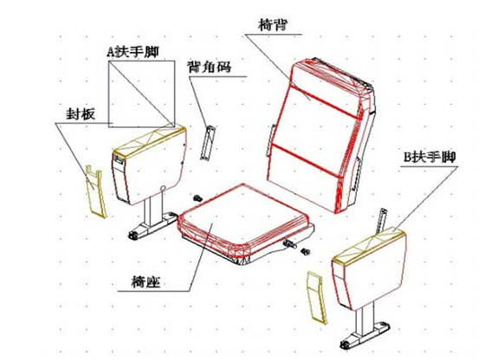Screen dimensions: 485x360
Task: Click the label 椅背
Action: [x=273, y=24]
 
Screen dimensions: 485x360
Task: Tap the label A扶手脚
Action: [x=133, y=51]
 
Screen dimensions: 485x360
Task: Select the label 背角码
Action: [x=210, y=67]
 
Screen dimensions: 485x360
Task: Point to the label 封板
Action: [x=81, y=114]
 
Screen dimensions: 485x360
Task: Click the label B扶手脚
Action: [x=430, y=157]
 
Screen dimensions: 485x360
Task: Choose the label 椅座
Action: [x=146, y=281]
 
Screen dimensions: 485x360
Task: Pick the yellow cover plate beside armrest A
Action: [x=95, y=191]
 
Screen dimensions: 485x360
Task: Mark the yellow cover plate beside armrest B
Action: [x=316, y=298]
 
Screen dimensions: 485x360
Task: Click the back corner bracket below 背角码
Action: [x=208, y=143]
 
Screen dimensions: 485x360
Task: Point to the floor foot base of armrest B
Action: [x=365, y=335]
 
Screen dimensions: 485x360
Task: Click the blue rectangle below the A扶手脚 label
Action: [x=109, y=93]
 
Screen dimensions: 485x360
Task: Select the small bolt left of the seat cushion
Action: [x=197, y=198]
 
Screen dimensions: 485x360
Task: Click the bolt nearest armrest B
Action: [x=306, y=252]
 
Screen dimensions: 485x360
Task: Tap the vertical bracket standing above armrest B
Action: [x=381, y=221]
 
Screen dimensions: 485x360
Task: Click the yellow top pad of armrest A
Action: [x=149, y=140]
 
